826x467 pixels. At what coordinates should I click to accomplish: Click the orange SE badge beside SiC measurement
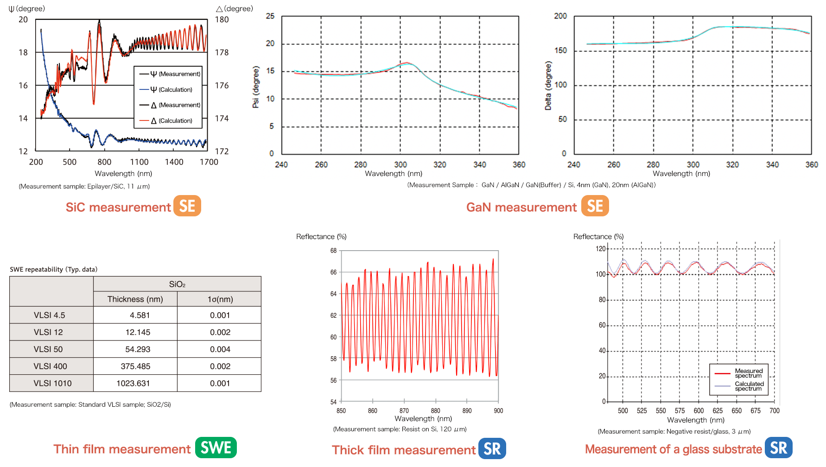coord(187,206)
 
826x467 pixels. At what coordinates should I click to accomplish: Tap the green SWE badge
coord(216,448)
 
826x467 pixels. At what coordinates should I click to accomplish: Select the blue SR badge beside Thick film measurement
coord(492,448)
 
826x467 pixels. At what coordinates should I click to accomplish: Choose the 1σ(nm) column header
coord(220,299)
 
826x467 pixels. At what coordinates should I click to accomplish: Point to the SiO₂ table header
coord(177,284)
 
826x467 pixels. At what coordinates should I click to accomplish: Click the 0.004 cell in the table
coord(220,349)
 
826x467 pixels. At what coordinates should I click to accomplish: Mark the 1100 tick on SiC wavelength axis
coord(139,162)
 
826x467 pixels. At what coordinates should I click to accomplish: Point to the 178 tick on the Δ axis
coord(222,53)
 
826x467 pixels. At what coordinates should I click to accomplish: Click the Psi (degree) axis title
coord(255,87)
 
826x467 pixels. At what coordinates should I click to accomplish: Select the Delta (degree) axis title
coord(548,86)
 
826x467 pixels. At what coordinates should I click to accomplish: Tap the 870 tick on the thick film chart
coord(404,411)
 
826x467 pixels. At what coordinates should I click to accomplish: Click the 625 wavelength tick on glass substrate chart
coord(718,411)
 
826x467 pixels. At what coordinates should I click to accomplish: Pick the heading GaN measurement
coord(521,207)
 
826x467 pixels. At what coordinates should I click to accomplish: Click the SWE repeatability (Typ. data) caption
coord(53,269)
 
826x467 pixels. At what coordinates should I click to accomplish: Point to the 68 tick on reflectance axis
coord(333,251)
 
